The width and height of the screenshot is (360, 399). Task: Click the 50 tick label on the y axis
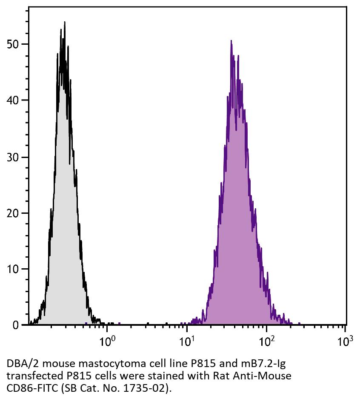[13, 44]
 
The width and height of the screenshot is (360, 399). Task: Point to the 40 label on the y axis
[13, 100]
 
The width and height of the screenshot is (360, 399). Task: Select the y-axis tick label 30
[13, 157]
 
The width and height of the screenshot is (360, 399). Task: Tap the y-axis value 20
[13, 213]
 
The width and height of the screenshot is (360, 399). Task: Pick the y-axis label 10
[13, 269]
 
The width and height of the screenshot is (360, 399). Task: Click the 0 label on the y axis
[16, 325]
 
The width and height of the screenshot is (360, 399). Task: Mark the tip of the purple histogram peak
[231, 41]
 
